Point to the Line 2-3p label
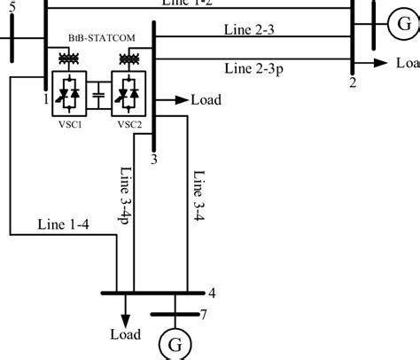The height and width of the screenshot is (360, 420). [255, 67]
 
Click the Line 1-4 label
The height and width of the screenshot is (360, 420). [62, 225]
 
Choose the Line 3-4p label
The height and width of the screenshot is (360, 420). [124, 197]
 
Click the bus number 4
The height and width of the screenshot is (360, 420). [210, 293]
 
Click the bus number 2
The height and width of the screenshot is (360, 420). [353, 82]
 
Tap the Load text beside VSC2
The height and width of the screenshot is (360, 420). [206, 100]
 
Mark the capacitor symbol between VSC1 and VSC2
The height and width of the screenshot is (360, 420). [98, 92]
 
